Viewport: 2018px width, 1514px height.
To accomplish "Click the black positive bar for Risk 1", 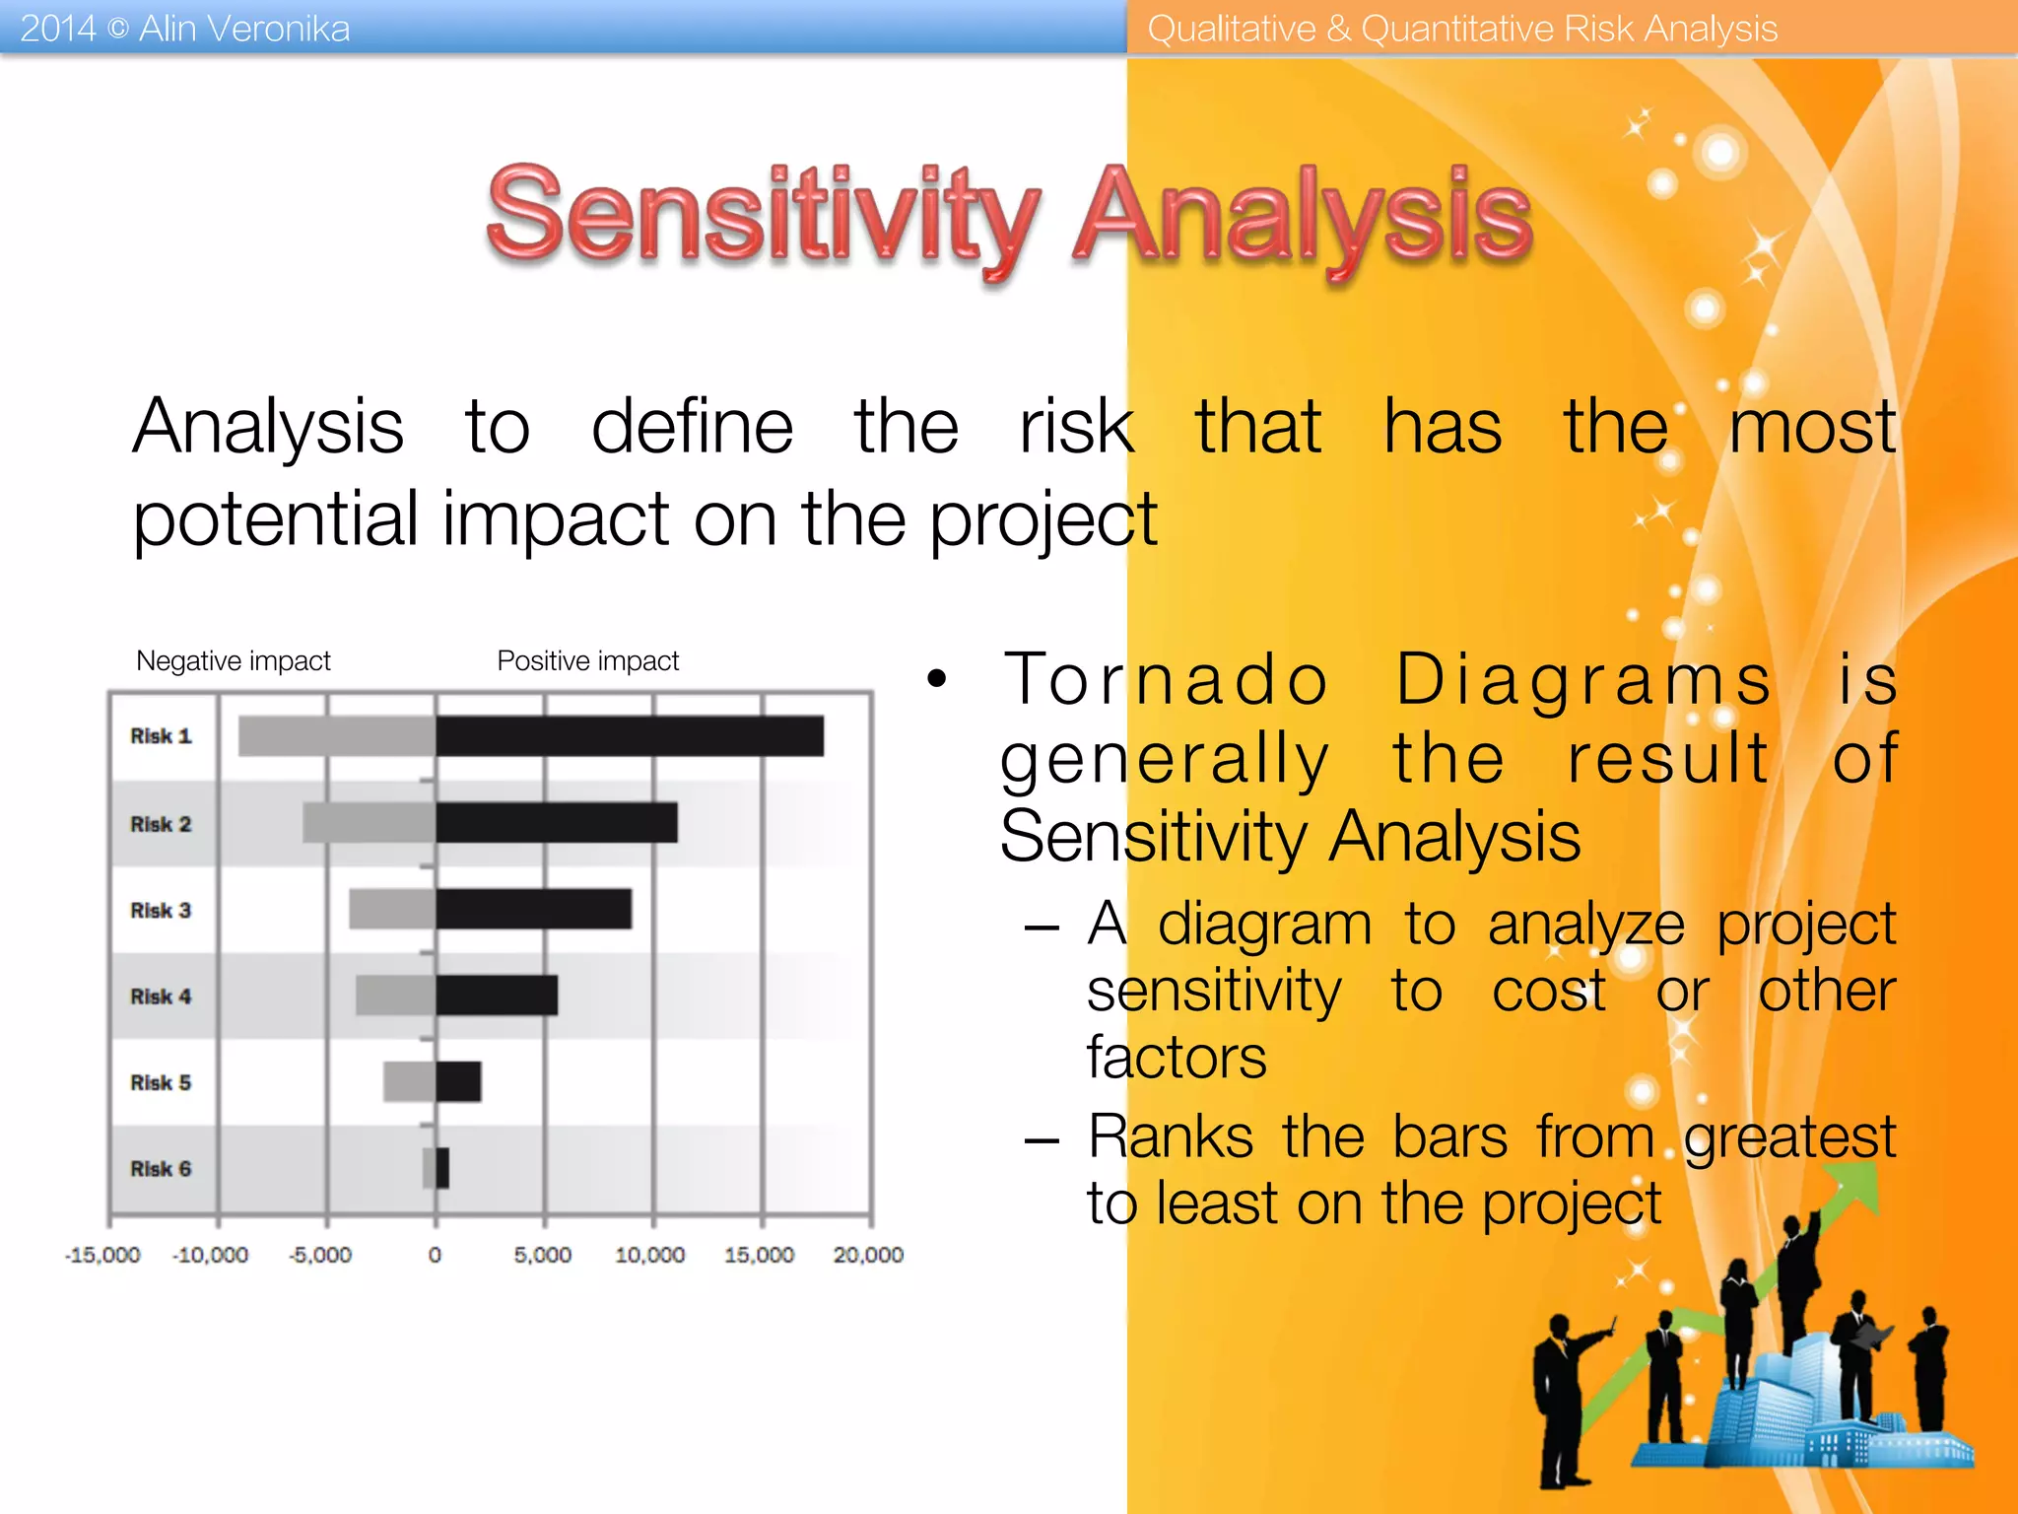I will click(629, 736).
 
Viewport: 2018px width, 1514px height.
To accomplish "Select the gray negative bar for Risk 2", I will click(369, 823).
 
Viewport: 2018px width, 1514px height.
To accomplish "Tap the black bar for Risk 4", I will click(497, 996).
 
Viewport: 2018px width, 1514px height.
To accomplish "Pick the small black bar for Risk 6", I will click(442, 1168).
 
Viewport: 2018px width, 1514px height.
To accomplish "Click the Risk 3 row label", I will click(161, 910).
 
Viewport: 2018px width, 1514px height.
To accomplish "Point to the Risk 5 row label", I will click(161, 1082).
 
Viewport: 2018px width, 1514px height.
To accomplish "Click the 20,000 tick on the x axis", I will click(868, 1255).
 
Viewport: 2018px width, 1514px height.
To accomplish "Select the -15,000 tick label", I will click(102, 1255).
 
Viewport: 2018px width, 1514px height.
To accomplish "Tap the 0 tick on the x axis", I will click(435, 1255).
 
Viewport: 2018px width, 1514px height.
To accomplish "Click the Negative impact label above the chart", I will click(234, 660).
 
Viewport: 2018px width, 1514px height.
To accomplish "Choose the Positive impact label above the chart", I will click(588, 660).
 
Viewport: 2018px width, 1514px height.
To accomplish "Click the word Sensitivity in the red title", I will click(763, 217).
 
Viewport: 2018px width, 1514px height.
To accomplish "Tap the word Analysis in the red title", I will click(1303, 217).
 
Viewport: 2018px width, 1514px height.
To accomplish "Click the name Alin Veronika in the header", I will click(244, 29).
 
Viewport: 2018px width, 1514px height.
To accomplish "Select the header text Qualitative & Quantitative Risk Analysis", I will click(1462, 29).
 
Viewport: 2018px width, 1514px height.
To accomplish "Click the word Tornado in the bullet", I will click(1167, 680).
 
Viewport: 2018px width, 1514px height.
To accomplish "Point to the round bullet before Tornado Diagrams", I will click(936, 678).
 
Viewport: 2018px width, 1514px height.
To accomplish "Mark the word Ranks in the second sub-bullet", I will click(1171, 1136).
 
